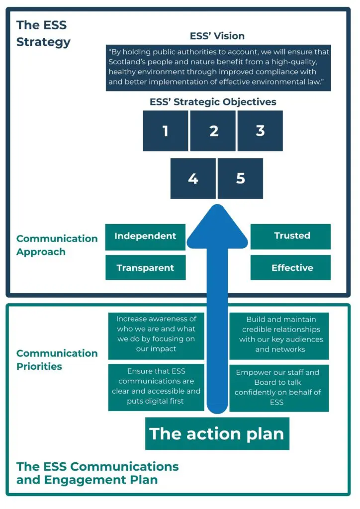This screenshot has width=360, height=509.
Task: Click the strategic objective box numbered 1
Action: pos(165,131)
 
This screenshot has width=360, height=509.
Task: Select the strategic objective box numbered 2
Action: pos(213,131)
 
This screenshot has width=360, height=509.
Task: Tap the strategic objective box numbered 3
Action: pos(260,131)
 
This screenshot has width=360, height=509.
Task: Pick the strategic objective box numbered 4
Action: pos(193,178)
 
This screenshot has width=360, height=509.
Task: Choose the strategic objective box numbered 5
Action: pos(240,178)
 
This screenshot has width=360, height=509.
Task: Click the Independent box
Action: pos(145,237)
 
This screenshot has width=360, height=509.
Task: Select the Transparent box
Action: pos(145,268)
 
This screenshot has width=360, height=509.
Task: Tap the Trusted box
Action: pos(290,237)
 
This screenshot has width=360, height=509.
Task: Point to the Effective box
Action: pos(290,268)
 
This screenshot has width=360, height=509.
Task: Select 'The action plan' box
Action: pos(217,433)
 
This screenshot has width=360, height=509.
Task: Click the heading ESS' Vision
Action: pos(217,36)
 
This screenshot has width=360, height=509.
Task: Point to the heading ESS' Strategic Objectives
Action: pos(213,102)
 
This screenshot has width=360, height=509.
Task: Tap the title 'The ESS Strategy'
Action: pos(43,33)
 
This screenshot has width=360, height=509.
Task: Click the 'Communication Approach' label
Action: pos(57,245)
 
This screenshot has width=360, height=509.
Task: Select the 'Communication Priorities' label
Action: pos(57,360)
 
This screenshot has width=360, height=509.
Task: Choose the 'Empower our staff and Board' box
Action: pos(279,388)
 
